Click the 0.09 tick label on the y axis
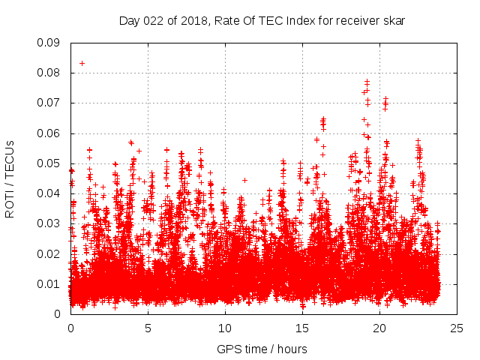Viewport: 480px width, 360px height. tap(49, 43)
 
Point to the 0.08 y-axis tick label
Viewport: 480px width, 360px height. tap(49, 73)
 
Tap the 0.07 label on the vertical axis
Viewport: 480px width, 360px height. tap(49, 103)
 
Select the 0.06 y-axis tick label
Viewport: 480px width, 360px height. tap(49, 133)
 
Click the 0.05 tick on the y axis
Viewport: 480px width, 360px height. tap(49, 163)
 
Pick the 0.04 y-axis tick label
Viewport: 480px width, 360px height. tap(49, 193)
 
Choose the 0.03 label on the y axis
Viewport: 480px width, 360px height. tap(49, 223)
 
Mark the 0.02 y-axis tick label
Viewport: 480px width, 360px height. tap(49, 253)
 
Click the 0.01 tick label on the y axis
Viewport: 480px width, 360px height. tap(49, 283)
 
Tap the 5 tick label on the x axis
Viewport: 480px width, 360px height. tap(148, 328)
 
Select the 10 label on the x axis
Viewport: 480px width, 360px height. tap(225, 328)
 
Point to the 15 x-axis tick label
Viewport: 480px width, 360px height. tap(302, 328)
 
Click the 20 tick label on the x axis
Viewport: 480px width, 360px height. tap(379, 328)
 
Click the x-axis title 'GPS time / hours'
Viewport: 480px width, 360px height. tap(262, 349)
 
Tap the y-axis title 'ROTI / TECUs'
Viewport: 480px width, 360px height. tap(10, 178)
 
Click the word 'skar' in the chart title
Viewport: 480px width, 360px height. tap(394, 21)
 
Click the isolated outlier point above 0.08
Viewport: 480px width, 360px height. tap(82, 63)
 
